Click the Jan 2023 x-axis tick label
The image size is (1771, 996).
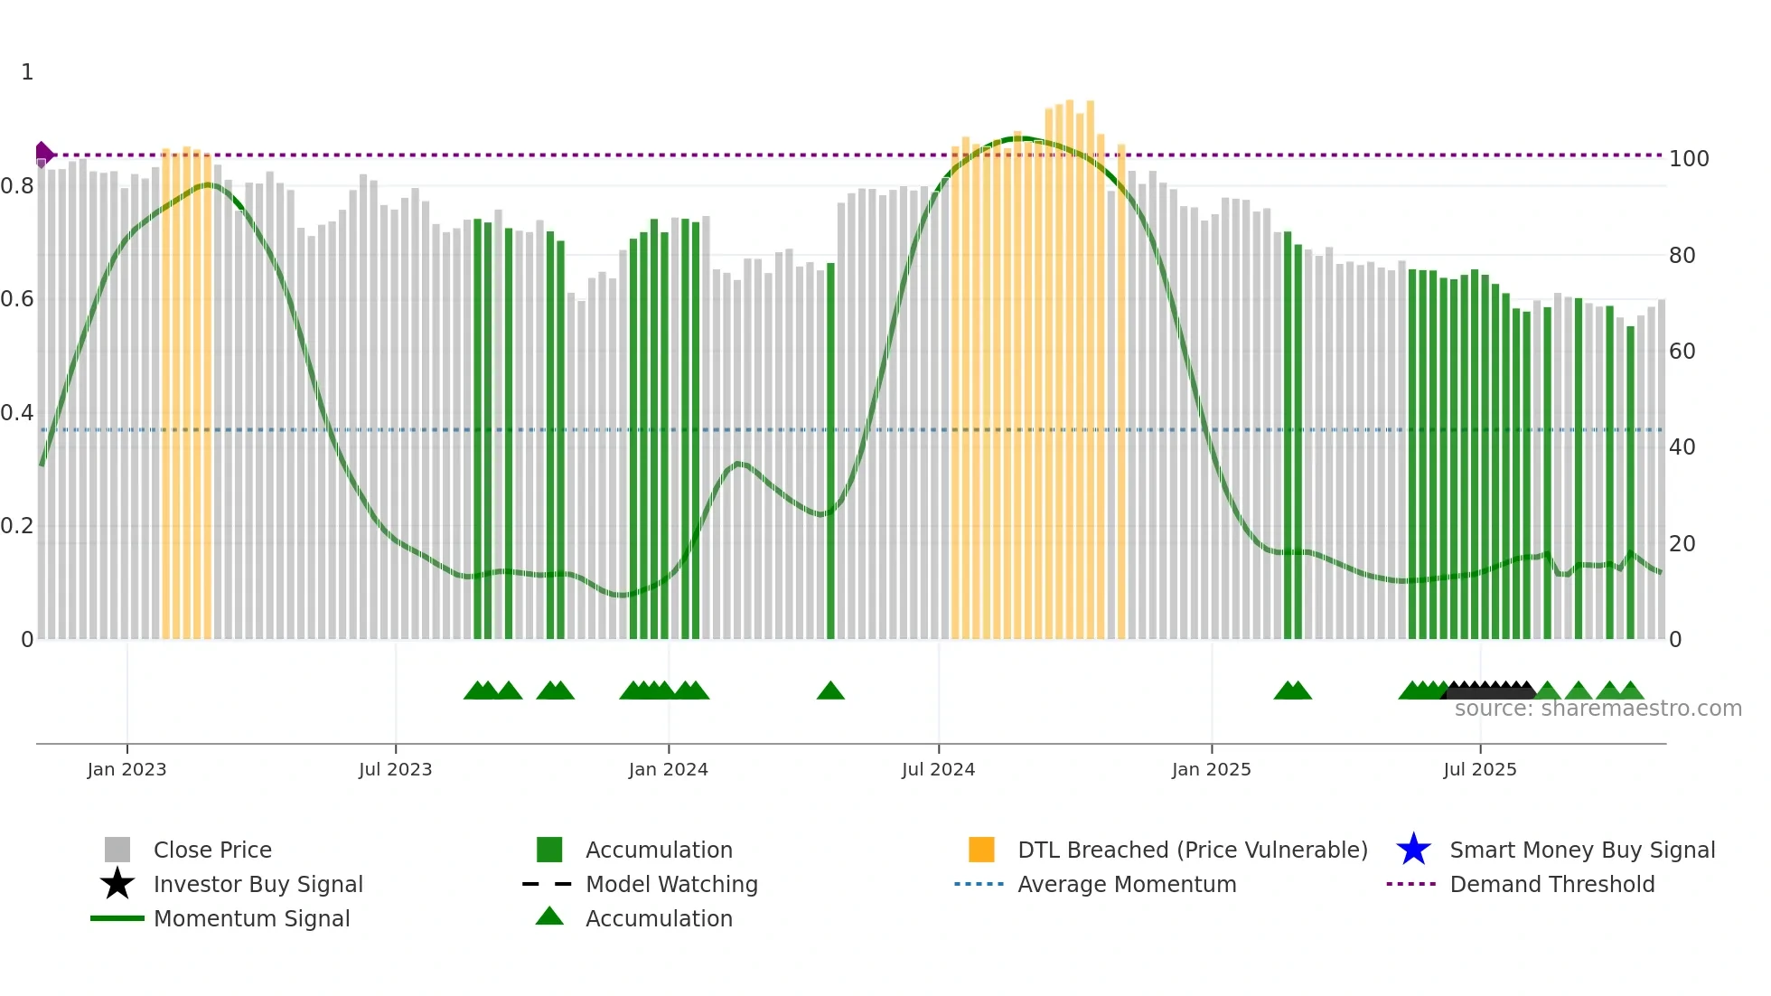(126, 769)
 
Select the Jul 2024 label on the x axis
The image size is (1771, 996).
(938, 769)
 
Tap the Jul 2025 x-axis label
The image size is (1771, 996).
(1479, 769)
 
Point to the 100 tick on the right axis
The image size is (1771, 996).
(1688, 159)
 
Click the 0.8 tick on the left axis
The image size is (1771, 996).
(18, 186)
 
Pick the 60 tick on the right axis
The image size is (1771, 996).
(1682, 352)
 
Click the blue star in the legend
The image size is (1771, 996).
(1413, 850)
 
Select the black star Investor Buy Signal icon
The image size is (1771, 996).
(117, 884)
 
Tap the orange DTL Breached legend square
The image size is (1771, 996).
(981, 850)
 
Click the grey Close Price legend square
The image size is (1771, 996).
(117, 850)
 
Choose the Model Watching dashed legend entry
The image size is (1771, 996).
(548, 884)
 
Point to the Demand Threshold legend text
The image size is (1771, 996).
(1551, 884)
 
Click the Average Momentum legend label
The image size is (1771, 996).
(1126, 884)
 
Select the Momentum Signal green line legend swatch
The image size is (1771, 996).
(117, 918)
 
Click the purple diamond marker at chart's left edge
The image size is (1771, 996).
(42, 155)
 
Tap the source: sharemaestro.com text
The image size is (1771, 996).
(1598, 709)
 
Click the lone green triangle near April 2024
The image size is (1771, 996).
(830, 691)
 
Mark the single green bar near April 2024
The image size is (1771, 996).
(830, 452)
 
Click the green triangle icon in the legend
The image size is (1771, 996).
(549, 916)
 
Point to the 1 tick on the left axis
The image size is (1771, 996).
(27, 72)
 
